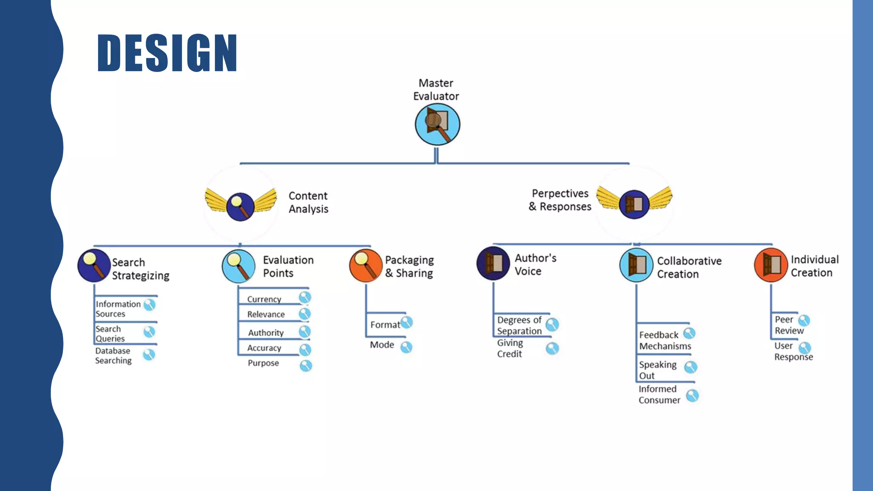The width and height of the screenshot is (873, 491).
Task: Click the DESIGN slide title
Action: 167,52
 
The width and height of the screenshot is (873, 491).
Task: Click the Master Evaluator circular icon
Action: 437,124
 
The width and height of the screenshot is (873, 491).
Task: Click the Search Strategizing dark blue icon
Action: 94,266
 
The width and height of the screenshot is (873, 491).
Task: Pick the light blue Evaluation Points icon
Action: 239,266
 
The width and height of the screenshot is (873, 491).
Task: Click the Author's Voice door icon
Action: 493,263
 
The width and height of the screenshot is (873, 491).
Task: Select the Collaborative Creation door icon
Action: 636,265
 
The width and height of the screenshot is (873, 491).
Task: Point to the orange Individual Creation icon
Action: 771,265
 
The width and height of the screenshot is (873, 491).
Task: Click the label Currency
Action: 264,299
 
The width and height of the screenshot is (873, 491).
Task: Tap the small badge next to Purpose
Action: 306,366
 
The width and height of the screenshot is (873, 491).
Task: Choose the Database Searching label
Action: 113,355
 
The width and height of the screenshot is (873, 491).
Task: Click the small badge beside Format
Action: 407,323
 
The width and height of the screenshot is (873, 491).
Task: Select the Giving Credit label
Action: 510,348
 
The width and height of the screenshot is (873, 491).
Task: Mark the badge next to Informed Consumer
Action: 692,396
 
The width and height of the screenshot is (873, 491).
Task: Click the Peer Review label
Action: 789,325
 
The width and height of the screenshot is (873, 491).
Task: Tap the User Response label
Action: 793,351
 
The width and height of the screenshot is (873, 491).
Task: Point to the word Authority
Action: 266,332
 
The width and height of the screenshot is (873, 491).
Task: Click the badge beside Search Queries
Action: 149,332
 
